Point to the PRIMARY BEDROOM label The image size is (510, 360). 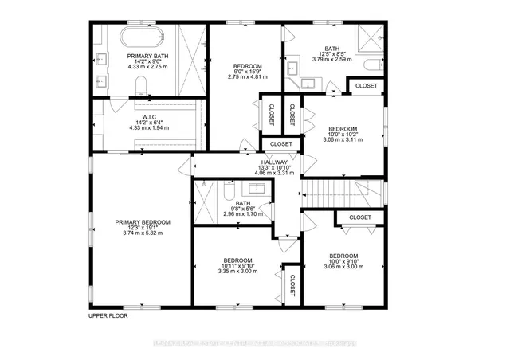click(x=139, y=222)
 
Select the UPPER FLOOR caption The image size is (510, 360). click(x=108, y=315)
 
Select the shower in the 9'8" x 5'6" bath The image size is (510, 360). click(x=204, y=204)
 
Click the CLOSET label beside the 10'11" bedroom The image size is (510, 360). click(x=292, y=286)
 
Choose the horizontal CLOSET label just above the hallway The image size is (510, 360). click(x=280, y=144)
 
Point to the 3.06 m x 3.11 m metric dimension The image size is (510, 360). click(x=343, y=139)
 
